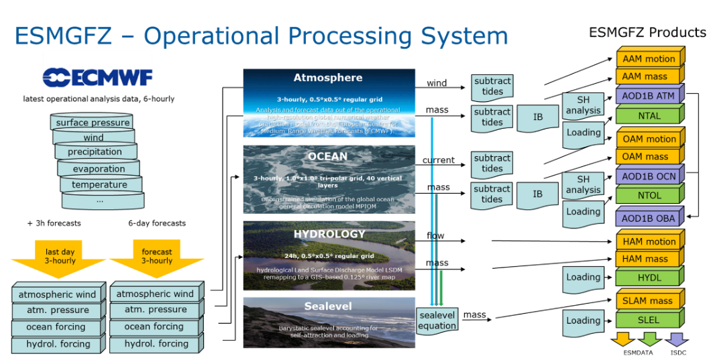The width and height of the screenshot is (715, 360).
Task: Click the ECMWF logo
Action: click(x=97, y=78)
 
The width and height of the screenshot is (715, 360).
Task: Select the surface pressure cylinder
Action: click(x=93, y=123)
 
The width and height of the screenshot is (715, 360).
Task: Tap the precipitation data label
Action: click(x=95, y=152)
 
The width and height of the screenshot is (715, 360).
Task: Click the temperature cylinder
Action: click(x=99, y=184)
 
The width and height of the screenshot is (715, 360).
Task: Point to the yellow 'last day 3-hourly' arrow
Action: click(x=60, y=257)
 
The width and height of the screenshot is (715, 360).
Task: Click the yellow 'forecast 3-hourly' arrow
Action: click(x=157, y=257)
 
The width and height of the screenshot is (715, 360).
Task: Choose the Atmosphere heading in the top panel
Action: click(x=328, y=78)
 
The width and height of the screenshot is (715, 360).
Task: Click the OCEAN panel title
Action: click(x=328, y=156)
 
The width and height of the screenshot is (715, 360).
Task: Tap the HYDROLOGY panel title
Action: click(x=329, y=234)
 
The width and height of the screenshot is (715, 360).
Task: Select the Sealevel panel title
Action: click(x=328, y=306)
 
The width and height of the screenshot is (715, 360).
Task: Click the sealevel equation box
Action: click(x=437, y=320)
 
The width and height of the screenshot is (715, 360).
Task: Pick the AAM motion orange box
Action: click(x=649, y=59)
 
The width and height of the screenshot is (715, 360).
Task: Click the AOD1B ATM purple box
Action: click(x=649, y=96)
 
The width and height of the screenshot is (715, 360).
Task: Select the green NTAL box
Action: click(x=649, y=115)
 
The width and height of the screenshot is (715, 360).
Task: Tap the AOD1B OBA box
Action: click(x=649, y=219)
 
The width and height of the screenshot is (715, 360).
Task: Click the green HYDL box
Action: click(x=649, y=278)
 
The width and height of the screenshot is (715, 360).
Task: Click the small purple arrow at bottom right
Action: click(x=676, y=339)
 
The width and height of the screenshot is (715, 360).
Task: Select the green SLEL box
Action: click(x=649, y=320)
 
